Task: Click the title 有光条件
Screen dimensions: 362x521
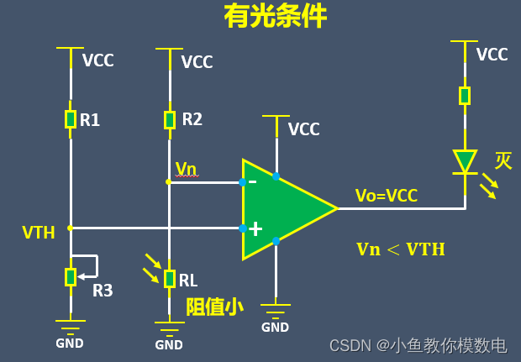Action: coord(275,17)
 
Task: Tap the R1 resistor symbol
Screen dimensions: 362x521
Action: coord(71,119)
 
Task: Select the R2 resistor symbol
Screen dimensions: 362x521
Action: coord(170,119)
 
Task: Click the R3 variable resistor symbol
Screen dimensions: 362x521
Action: coord(71,275)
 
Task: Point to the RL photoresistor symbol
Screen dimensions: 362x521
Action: coord(170,278)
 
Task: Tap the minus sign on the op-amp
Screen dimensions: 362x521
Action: coord(253,180)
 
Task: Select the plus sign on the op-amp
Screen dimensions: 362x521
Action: coord(255,228)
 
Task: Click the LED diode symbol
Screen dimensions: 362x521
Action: coord(465,161)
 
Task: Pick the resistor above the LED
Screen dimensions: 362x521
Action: coord(465,95)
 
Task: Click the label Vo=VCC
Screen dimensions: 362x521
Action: coord(387,196)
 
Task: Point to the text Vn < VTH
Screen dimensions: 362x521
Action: coord(400,249)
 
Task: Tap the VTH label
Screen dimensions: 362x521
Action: coord(39,233)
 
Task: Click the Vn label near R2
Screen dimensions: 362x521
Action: coord(186,169)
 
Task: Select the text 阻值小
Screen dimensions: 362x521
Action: coord(214,307)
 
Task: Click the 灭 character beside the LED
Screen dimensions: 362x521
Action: coord(503,160)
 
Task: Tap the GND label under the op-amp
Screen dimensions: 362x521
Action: coord(275,327)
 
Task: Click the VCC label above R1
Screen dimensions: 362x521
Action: coord(98,60)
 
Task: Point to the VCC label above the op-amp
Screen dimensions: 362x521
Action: coord(303,129)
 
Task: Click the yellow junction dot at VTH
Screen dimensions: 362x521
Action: coord(71,228)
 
